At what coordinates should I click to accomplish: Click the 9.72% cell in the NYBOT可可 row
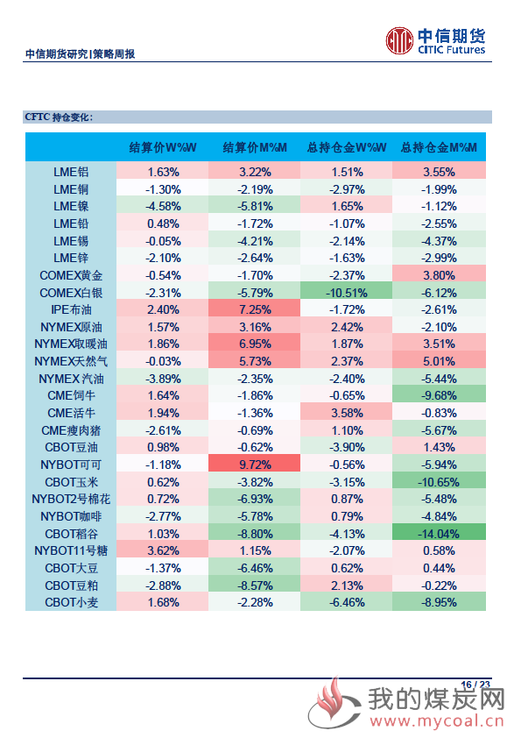255,465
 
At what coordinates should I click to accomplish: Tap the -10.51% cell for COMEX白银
347,293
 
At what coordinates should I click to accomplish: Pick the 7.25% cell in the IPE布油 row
255,309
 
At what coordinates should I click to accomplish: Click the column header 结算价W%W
163,148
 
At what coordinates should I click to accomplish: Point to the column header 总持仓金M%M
439,148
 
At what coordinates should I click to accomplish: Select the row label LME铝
71,173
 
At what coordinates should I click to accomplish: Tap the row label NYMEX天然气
71,361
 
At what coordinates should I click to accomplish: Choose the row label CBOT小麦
71,602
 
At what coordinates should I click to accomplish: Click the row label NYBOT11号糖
71,550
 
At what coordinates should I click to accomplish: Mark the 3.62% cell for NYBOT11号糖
163,550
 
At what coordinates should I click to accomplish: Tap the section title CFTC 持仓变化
59,117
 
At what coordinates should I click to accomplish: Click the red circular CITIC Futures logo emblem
399,41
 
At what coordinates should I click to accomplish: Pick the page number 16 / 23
475,685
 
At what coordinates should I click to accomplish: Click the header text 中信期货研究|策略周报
80,54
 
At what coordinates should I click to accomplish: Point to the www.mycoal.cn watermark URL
437,720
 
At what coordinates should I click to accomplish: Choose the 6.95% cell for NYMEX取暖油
255,344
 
